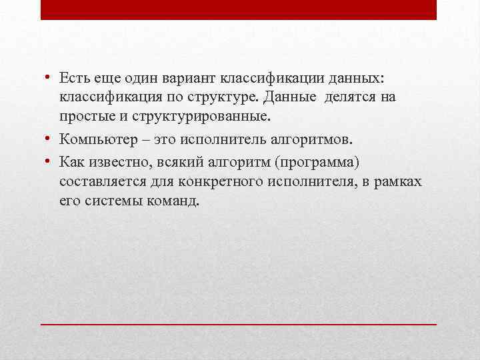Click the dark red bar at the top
pos(239,9)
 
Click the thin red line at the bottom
pos(239,323)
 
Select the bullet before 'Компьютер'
pos(51,139)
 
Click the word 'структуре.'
pos(225,98)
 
